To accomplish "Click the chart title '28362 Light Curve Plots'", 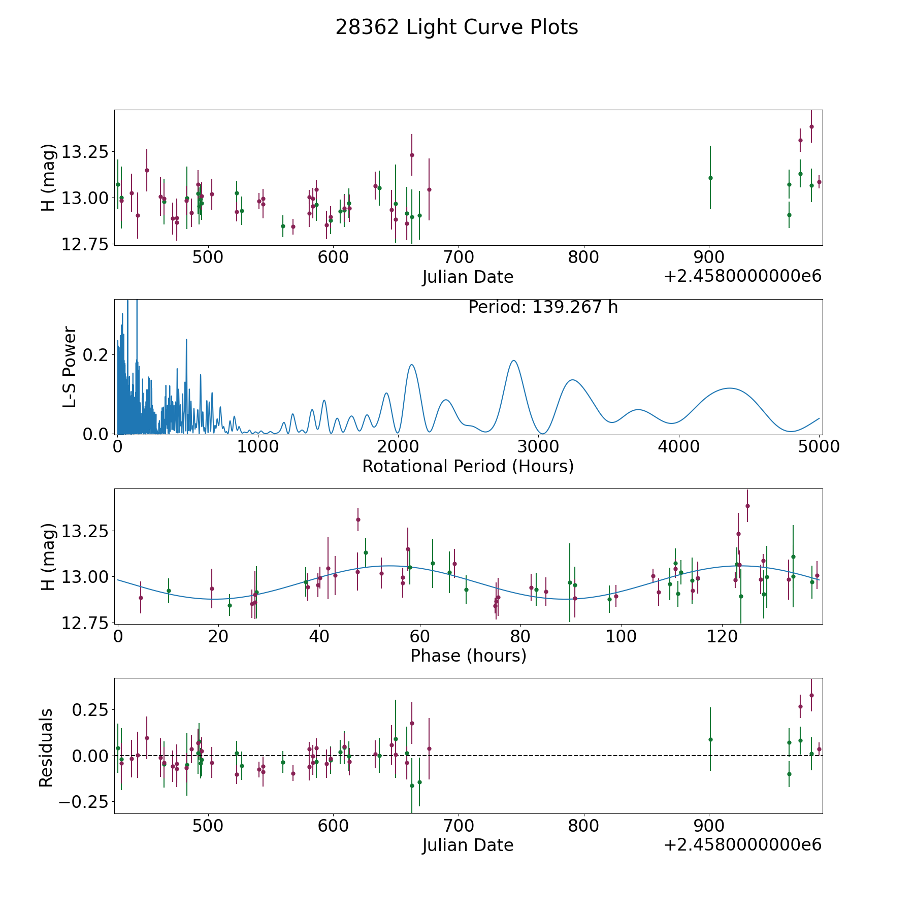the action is [456, 27].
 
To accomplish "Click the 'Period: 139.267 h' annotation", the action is [543, 307].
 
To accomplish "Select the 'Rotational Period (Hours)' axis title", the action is [468, 466].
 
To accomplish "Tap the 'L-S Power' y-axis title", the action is [70, 367].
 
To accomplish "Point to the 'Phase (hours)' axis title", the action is [468, 656].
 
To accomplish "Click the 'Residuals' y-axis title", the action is [46, 747].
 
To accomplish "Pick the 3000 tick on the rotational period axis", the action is [538, 446].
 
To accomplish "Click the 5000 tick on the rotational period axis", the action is [819, 446].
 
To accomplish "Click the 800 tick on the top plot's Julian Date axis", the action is [583, 257].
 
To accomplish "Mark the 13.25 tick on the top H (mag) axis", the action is [85, 152].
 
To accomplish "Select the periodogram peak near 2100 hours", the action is [411, 365].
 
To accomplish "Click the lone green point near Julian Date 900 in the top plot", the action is [710, 178].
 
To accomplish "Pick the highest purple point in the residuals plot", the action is [811, 695].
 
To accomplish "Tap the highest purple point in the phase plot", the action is [747, 506].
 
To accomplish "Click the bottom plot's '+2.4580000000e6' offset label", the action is [742, 844].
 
